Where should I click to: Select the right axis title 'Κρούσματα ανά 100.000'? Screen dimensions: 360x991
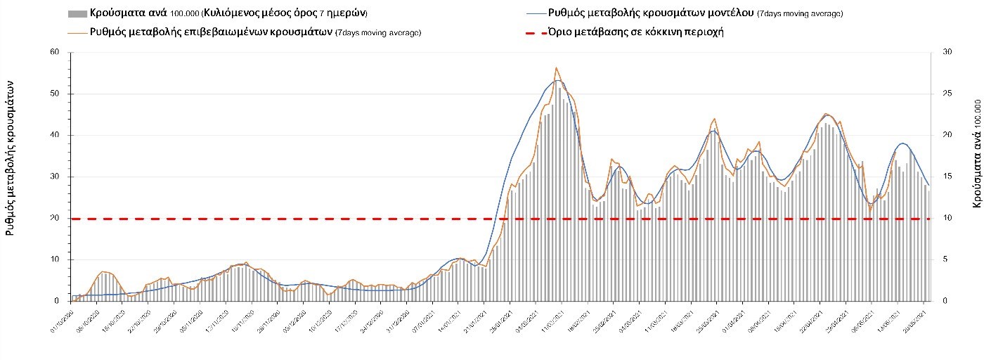978,162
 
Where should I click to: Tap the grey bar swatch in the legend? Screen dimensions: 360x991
77,13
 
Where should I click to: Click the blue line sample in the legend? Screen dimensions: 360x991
535,13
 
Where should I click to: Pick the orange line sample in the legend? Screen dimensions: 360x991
77,32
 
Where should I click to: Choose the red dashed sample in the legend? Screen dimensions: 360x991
535,32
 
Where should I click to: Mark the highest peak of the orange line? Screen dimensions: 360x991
557,67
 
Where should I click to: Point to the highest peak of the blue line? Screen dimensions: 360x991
558,80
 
